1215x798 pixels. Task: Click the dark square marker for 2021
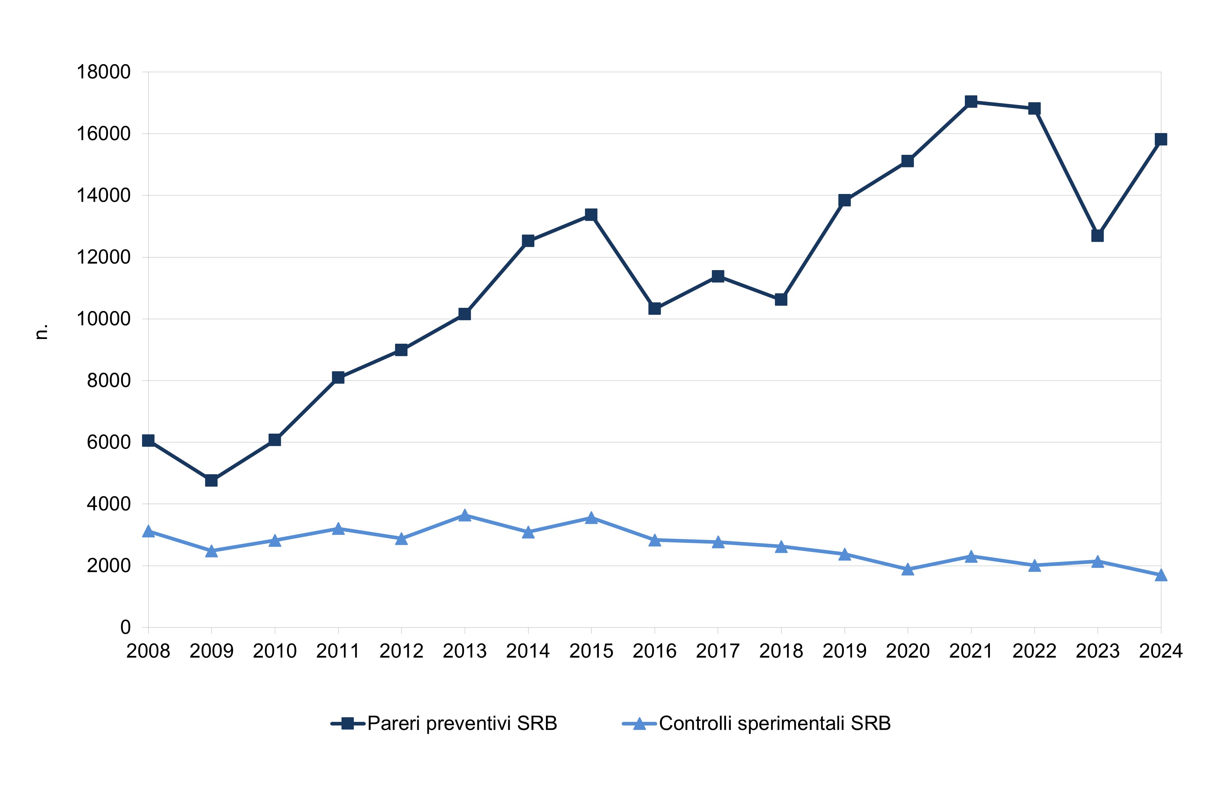coord(971,102)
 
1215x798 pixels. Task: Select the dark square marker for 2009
coord(211,480)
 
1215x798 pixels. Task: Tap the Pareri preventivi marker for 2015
coord(591,214)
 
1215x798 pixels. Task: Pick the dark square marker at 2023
coord(1098,235)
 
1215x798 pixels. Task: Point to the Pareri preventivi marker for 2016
coord(655,309)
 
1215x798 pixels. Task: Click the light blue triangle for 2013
coord(465,516)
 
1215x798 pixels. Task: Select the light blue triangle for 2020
coord(908,569)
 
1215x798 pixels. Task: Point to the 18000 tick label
coord(104,72)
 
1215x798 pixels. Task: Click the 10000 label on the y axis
coord(104,319)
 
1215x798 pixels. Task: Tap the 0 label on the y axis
coord(125,628)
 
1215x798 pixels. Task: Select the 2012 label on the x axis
coord(401,651)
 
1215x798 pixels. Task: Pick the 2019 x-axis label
coord(844,651)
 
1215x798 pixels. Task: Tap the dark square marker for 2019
coord(844,200)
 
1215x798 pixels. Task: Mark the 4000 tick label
coord(109,504)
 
